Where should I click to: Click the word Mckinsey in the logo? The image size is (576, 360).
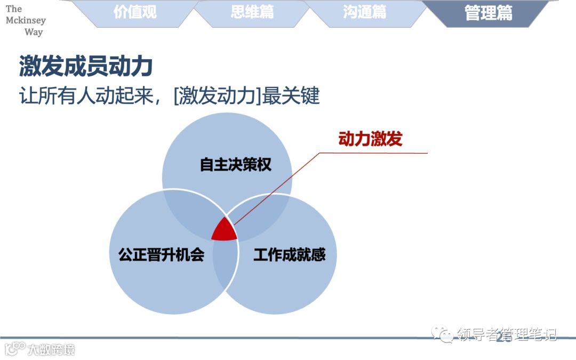point(26,20)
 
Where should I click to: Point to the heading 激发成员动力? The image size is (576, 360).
point(86,67)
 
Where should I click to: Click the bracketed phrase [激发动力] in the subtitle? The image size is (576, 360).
point(215,96)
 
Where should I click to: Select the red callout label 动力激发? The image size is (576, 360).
point(370,139)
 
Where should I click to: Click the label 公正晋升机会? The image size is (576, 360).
point(161,254)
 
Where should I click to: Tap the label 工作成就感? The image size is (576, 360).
point(289,254)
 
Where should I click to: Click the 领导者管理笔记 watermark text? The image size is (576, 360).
point(506,334)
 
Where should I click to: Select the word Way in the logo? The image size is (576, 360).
point(34,32)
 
